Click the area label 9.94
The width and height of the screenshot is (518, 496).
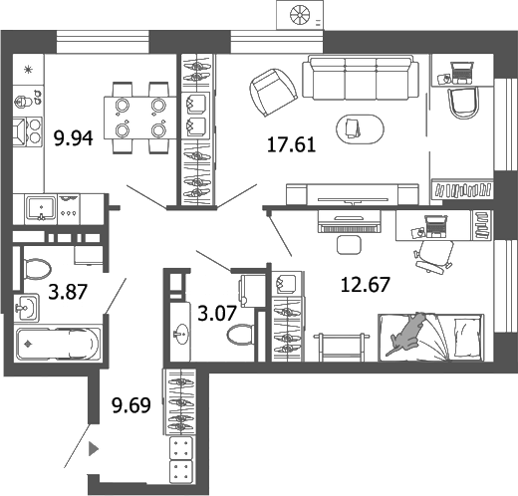pyautogui.click(x=73, y=139)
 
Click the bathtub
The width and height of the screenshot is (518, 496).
pyautogui.click(x=59, y=344)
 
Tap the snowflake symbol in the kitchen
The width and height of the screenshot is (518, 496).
pyautogui.click(x=28, y=69)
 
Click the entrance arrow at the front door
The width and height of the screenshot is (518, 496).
pyautogui.click(x=95, y=449)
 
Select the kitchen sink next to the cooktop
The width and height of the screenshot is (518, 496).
pyautogui.click(x=41, y=207)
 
